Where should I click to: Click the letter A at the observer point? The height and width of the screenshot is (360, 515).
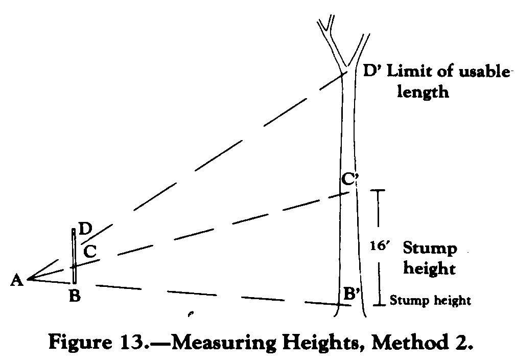coord(17,280)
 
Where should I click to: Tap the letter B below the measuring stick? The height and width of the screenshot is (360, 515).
coord(75,296)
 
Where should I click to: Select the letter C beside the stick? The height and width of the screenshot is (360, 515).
coord(90,252)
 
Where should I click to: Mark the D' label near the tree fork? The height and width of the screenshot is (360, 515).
coord(373,71)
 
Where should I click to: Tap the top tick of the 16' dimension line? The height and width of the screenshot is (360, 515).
coord(378,190)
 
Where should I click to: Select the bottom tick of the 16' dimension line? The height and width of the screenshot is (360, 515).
coord(379,305)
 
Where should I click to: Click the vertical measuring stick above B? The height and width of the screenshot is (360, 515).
coord(74,256)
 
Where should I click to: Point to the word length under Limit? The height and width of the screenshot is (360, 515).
coord(423,92)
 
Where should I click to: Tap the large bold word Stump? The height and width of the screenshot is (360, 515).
coord(430,249)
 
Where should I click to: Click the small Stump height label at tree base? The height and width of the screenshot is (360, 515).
coord(430,300)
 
